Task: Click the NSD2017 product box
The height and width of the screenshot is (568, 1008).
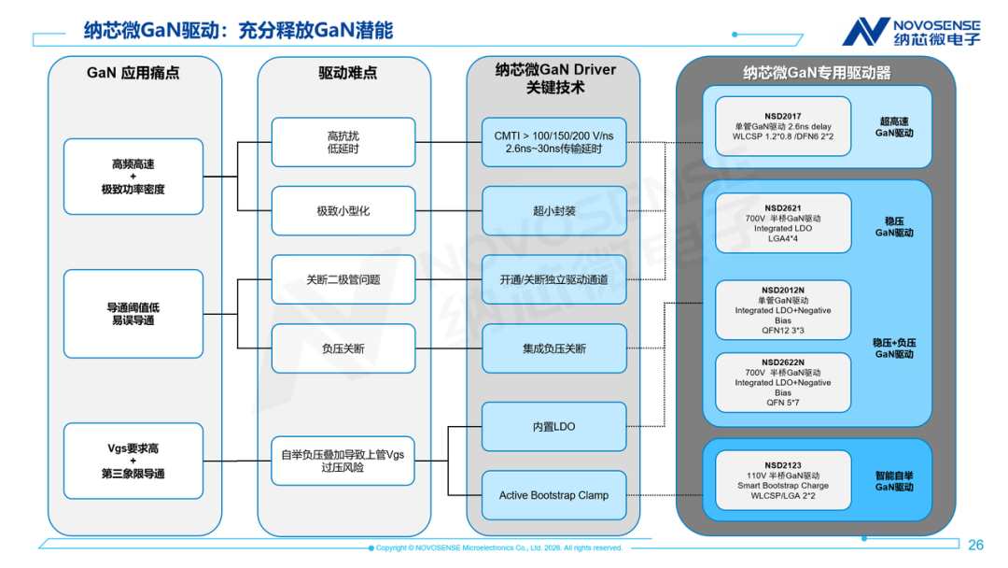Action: (783, 126)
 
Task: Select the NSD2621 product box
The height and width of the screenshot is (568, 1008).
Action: (783, 223)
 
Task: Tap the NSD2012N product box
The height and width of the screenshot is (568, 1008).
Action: (783, 310)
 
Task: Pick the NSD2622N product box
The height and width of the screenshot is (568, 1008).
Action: (783, 382)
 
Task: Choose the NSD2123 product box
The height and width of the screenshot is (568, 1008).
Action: (783, 480)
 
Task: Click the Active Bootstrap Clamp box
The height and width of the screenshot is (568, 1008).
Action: (554, 495)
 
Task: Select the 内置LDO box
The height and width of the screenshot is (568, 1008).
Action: (554, 427)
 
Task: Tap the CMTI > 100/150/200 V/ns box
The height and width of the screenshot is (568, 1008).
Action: (554, 142)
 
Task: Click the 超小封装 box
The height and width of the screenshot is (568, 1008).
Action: (554, 211)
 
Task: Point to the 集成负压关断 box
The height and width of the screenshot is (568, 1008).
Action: (554, 348)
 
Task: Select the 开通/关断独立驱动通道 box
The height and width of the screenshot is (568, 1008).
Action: (554, 280)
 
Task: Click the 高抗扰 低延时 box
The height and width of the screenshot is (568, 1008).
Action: (343, 142)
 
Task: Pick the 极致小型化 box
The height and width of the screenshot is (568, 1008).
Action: (343, 211)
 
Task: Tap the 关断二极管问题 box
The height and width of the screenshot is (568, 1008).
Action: (343, 280)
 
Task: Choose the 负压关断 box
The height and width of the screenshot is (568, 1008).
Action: (343, 348)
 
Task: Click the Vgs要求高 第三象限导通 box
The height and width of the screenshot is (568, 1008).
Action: (133, 461)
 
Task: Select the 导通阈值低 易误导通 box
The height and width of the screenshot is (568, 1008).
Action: (133, 314)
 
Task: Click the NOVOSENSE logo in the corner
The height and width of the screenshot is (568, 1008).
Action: (911, 32)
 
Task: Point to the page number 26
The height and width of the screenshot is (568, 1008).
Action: (976, 545)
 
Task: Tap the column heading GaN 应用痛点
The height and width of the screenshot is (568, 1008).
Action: (133, 73)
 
